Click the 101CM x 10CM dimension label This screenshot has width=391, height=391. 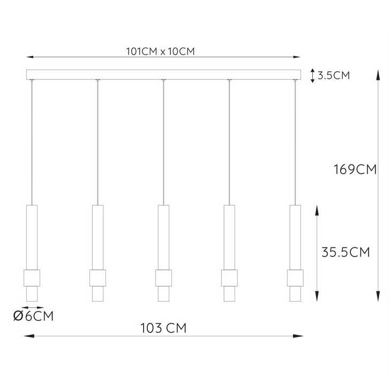[x=160, y=51]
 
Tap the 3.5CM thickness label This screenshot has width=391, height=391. [x=334, y=76]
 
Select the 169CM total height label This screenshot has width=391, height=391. [x=355, y=169]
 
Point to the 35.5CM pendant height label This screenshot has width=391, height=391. [x=345, y=252]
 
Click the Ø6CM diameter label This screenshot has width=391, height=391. [x=33, y=316]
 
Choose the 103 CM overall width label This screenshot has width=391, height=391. [x=163, y=328]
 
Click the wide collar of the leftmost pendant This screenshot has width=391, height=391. [x=32, y=278]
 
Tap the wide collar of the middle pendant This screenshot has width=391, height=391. [x=163, y=278]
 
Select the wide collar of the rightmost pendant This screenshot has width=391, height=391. [x=295, y=278]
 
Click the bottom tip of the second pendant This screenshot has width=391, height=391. [x=97, y=301]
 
